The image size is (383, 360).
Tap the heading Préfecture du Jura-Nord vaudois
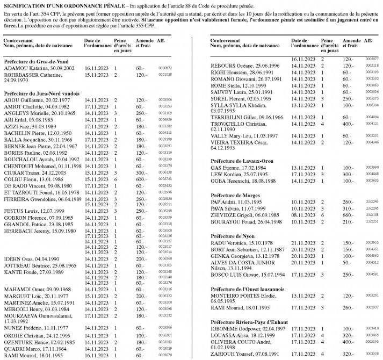(x=39, y=93)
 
